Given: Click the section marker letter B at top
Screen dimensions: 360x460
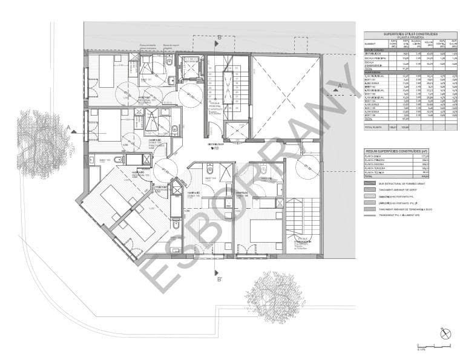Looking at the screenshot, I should (219, 37).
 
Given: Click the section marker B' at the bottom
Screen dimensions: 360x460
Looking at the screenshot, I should (219, 279).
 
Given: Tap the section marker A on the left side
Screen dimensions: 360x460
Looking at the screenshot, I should (70, 128).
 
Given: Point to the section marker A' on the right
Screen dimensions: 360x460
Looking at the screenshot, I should (340, 85).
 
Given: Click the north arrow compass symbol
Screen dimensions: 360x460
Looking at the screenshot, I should (446, 333).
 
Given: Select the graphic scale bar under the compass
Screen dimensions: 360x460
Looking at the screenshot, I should (433, 346).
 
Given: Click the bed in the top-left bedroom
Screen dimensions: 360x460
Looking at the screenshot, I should (105, 71).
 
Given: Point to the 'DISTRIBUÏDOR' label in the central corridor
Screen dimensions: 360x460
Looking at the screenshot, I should (216, 144).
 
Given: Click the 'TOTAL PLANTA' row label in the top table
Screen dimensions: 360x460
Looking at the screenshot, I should (373, 128).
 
